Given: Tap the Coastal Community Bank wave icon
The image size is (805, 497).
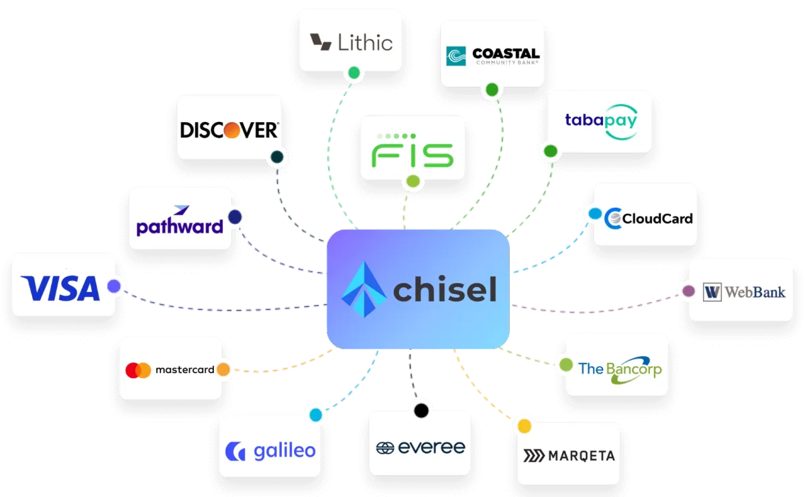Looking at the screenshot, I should coord(457,56).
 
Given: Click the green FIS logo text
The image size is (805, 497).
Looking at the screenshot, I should coord(413,154).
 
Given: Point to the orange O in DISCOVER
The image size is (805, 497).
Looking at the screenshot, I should coord(232,129).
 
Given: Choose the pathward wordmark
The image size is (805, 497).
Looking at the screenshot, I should coord(179,225).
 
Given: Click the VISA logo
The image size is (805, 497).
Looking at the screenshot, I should coord(60,288).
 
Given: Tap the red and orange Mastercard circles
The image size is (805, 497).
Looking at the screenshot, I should coord(138,370).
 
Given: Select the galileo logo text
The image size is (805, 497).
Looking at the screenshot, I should coord(284,451).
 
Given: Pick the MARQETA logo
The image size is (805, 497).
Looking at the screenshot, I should coord(568,456).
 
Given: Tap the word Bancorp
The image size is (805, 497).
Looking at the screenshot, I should coord(633,370).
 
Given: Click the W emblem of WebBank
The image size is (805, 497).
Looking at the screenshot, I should coord(712,292).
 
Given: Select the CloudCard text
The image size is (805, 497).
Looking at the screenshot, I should coord(657,218).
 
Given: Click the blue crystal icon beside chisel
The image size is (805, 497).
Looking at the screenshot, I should coord(363,290).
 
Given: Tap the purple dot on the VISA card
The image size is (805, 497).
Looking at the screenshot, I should coord(114,286).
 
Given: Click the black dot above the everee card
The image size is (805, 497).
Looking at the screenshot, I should coord(421,409).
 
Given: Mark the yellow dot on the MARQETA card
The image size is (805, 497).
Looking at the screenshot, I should coord(524,426).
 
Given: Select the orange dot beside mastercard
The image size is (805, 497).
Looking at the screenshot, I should coord(223,370).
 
